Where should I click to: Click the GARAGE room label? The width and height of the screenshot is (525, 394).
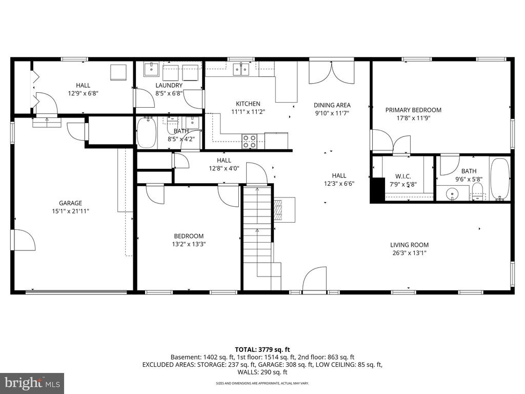click(x=70, y=203)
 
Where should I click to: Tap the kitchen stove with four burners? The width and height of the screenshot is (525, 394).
click(x=249, y=141)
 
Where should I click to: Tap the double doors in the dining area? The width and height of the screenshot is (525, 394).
click(x=331, y=72)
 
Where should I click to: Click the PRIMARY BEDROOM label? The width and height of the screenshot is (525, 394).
click(x=413, y=110)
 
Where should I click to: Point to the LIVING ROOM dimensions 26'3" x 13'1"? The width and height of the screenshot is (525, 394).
click(x=409, y=252)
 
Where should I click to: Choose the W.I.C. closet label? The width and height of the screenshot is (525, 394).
click(x=403, y=176)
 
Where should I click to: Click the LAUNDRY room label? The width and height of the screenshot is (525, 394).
click(x=169, y=85)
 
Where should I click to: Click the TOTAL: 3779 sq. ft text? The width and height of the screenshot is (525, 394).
click(x=262, y=349)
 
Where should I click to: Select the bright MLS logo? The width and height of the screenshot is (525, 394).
click(x=32, y=383)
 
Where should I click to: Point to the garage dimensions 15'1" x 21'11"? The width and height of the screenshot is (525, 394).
click(x=70, y=211)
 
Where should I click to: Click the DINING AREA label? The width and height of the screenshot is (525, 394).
click(x=332, y=105)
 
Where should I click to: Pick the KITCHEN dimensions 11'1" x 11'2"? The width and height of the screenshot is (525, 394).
click(x=248, y=111)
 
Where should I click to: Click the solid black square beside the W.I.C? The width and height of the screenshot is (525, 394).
click(x=377, y=189)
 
